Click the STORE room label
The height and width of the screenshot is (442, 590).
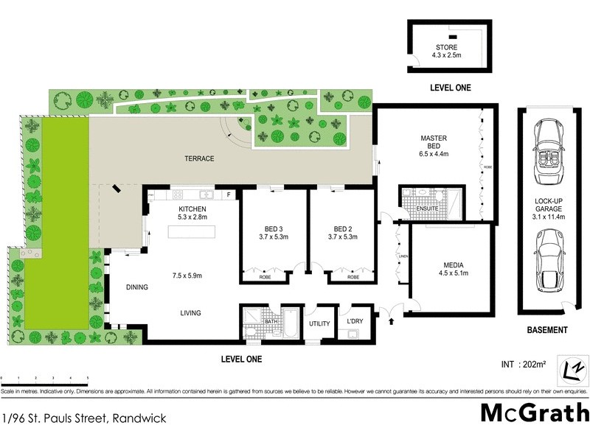point(446,48)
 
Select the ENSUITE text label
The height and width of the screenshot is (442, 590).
point(427,209)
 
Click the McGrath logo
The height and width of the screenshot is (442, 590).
point(534,413)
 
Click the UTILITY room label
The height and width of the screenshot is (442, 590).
point(319,323)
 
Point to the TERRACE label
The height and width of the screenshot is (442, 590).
point(199,158)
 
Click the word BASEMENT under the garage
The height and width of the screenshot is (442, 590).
point(546,330)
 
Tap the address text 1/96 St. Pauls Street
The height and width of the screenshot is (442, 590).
point(83,418)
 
